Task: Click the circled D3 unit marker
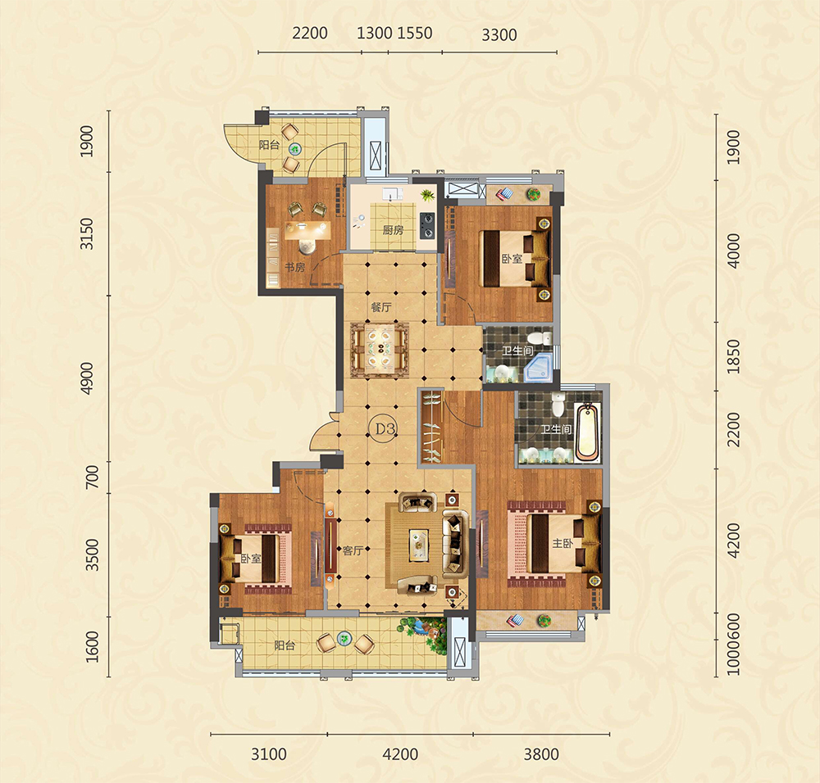click(x=385, y=428)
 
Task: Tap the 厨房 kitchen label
click(x=393, y=230)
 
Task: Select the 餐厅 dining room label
click(x=380, y=307)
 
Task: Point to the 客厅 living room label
click(x=353, y=550)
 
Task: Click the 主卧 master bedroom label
click(x=563, y=543)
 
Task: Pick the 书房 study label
click(x=294, y=268)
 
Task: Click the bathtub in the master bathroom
click(x=588, y=432)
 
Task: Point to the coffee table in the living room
click(x=419, y=545)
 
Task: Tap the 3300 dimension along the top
click(x=499, y=34)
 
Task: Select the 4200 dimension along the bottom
click(x=400, y=754)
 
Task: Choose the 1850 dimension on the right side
click(x=734, y=356)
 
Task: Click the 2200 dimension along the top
click(x=310, y=33)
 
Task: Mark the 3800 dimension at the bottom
click(x=541, y=754)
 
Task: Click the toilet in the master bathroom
click(x=558, y=405)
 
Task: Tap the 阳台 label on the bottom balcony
click(x=285, y=645)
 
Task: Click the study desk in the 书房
click(x=307, y=229)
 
